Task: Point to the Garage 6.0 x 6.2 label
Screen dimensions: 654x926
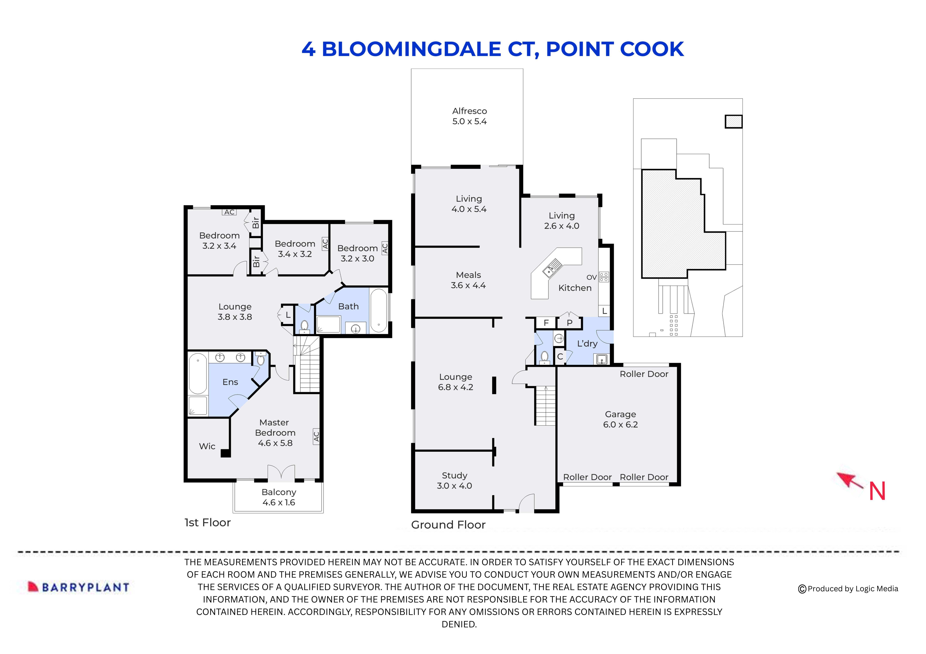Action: coord(620,419)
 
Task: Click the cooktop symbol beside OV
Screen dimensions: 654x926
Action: coord(604,277)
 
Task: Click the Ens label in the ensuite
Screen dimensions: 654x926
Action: coord(230,382)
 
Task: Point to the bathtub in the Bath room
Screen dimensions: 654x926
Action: coord(378,310)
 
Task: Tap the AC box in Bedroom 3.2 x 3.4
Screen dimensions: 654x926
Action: coord(229,212)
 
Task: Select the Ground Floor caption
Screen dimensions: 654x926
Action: coord(448,525)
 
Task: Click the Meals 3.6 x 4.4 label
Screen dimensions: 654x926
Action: coord(468,280)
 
